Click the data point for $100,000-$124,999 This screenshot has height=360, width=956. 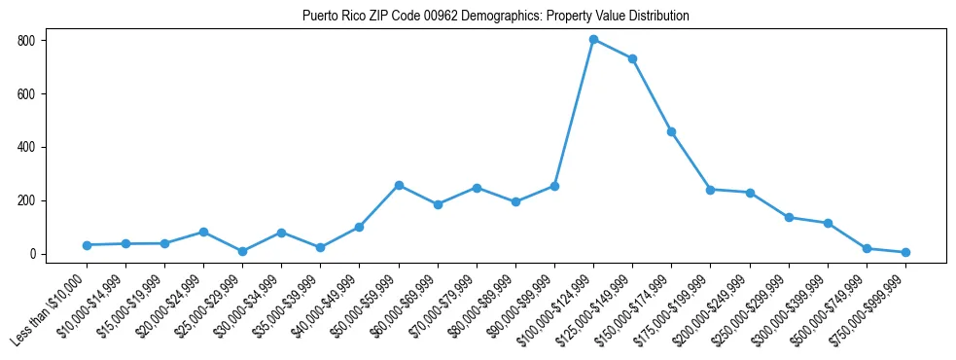click(593, 40)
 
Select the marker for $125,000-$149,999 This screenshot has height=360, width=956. click(632, 58)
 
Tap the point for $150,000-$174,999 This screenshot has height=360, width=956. click(671, 131)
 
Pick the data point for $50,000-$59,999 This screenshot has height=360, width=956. click(399, 185)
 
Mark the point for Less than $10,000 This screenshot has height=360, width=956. click(87, 245)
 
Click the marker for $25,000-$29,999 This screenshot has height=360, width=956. click(242, 251)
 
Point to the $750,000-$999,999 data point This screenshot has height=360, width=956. click(905, 252)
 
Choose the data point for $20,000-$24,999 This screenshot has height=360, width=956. click(203, 232)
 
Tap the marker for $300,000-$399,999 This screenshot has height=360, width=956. click(828, 223)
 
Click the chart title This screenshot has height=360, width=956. click(496, 17)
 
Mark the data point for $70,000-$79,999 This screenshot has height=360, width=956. click(477, 188)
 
